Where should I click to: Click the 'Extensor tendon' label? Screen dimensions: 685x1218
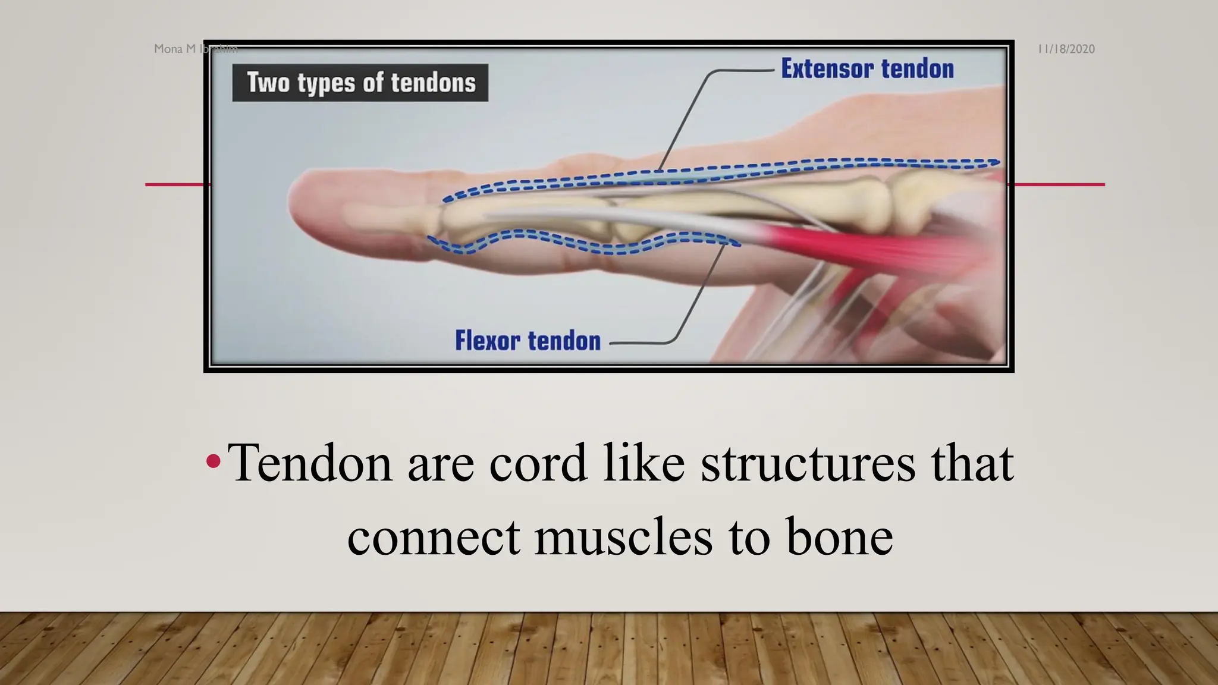(867, 69)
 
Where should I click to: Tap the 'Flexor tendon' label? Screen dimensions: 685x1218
(528, 341)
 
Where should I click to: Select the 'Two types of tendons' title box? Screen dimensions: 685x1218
(360, 83)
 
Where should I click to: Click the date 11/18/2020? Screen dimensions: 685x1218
(1066, 49)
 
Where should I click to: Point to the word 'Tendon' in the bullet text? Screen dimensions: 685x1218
(309, 463)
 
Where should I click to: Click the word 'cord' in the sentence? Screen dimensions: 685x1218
(538, 463)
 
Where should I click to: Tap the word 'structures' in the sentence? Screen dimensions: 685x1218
(808, 463)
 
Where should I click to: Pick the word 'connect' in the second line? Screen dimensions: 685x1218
(434, 537)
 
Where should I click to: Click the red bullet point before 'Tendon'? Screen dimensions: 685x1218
(213, 461)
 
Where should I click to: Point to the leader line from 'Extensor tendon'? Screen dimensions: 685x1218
(690, 113)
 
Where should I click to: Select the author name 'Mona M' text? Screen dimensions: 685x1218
(175, 49)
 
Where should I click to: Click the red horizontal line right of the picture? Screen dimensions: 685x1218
(1059, 184)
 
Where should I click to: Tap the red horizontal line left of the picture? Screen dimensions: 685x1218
(175, 184)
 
